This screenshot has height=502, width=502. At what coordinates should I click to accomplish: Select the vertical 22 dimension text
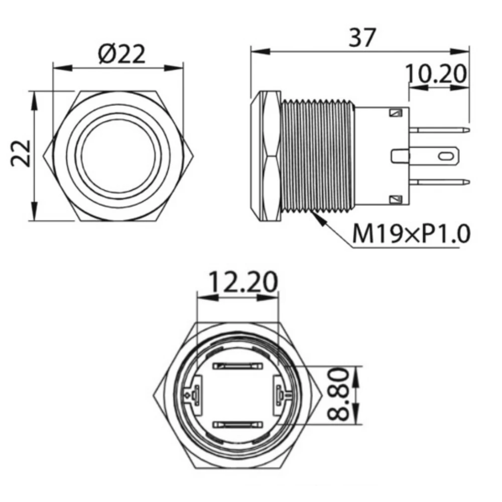click(22, 153)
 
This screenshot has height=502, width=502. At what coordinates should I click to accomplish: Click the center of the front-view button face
click(118, 155)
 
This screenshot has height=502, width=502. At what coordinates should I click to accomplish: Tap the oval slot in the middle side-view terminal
click(444, 156)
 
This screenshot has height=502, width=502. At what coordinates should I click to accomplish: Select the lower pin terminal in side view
click(440, 182)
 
